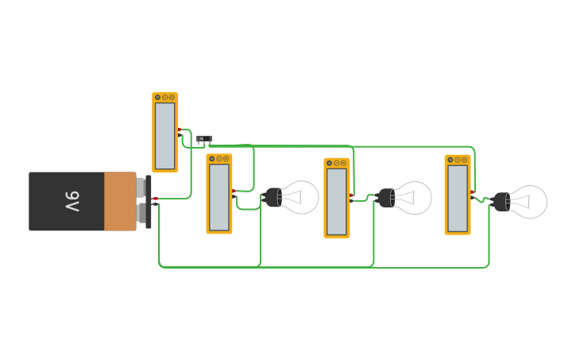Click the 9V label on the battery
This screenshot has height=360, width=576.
click(x=72, y=202)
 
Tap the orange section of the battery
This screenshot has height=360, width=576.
click(x=120, y=202)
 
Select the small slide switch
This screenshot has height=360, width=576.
click(x=204, y=139)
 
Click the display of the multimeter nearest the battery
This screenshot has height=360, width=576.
click(x=164, y=136)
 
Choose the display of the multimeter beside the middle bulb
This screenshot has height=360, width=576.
click(x=337, y=202)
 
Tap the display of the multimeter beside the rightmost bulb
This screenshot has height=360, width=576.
click(x=458, y=198)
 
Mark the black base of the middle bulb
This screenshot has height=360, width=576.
click(x=387, y=198)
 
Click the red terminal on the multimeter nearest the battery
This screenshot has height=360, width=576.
click(x=180, y=130)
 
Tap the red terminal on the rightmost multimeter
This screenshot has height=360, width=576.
click(x=472, y=192)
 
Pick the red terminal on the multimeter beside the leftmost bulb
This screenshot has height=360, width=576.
click(x=234, y=191)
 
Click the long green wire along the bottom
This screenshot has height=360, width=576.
click(x=318, y=267)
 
